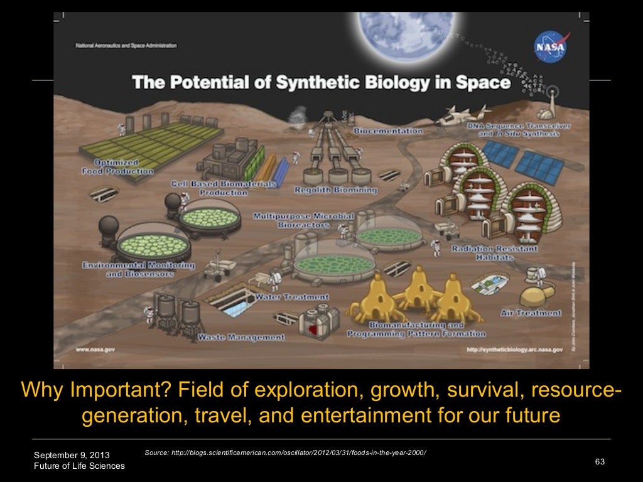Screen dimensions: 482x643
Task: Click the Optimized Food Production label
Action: point(117,166)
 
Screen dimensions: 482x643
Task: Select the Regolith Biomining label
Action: point(337,189)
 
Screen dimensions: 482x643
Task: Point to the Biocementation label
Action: point(388,131)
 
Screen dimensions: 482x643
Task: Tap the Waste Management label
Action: point(241,337)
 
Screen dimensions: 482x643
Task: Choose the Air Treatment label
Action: point(531,313)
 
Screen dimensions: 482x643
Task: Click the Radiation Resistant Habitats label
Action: point(494,253)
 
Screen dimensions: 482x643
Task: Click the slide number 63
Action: point(599,462)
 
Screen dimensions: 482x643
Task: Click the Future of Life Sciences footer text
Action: point(79,466)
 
